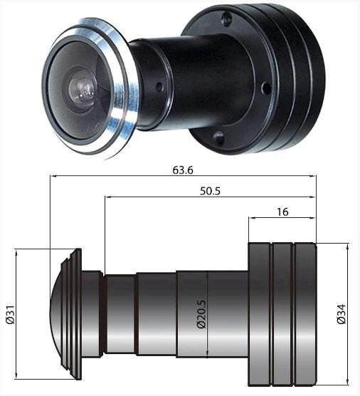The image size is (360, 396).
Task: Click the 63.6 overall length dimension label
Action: pos(183,170)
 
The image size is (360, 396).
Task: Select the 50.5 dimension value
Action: pos(210,191)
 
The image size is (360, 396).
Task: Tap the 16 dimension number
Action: pos(282,212)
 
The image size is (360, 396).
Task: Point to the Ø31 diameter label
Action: pos(11,315)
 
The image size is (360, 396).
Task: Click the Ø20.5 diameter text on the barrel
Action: pos(201,314)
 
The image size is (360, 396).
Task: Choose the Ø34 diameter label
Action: pos(341,314)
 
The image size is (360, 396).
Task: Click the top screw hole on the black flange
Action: pos(227,19)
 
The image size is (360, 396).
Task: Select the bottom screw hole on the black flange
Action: pos(218,138)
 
